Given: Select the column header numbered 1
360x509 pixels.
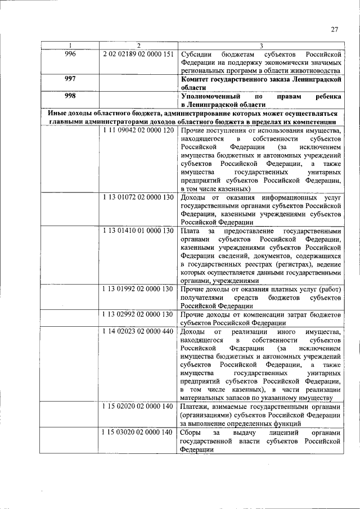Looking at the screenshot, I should [x=70, y=46].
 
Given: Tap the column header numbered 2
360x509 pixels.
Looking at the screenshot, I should [x=138, y=46].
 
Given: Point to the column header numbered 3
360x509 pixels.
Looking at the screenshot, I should [x=261, y=46].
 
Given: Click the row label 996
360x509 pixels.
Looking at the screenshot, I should [x=70, y=53].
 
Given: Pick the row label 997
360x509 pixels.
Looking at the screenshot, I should [x=70, y=80].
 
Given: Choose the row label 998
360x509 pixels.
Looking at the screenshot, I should [x=70, y=96].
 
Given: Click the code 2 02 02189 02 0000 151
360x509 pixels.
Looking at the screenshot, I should [x=138, y=53].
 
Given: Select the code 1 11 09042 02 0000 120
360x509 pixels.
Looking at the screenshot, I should [x=138, y=130].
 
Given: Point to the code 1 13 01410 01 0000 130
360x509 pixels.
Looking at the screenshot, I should [x=138, y=231].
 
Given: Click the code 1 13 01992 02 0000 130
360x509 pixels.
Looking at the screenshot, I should [x=138, y=289].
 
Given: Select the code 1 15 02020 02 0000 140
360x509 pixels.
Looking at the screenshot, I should [x=138, y=406].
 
